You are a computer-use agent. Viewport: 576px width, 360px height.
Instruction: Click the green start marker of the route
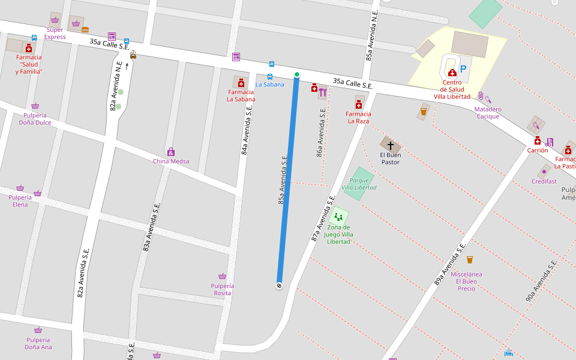click(296, 74)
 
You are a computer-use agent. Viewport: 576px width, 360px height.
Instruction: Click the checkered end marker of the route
click(279, 286)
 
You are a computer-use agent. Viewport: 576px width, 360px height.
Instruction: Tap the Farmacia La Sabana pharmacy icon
click(241, 82)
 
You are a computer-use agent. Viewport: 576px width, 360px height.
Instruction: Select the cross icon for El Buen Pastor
click(391, 145)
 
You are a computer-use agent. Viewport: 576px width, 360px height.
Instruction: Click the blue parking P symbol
click(463, 70)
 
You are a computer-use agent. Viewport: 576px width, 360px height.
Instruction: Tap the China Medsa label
click(170, 161)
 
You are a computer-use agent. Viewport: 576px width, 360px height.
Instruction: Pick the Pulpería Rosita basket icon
click(223, 276)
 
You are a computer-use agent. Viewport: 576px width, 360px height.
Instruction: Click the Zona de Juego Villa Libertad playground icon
click(338, 217)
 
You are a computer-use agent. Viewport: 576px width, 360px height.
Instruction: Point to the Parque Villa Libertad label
click(359, 184)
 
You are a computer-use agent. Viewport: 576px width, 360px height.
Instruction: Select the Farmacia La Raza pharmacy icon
click(359, 104)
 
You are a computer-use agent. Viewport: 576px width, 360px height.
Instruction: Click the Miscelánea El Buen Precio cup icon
click(470, 260)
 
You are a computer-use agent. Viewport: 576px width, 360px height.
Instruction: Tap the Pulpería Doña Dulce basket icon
click(35, 106)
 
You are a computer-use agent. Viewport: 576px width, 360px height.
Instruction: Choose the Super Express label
click(55, 33)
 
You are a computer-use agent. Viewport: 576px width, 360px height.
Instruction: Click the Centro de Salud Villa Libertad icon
click(452, 73)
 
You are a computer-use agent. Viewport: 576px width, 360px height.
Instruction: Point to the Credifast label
click(544, 181)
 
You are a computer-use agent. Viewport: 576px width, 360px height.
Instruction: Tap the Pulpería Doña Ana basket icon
click(38, 330)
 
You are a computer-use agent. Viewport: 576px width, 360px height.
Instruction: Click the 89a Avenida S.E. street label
click(450, 265)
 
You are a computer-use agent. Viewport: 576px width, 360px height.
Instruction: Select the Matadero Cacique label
click(488, 113)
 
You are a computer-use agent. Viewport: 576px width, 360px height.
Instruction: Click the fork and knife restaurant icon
click(323, 92)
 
